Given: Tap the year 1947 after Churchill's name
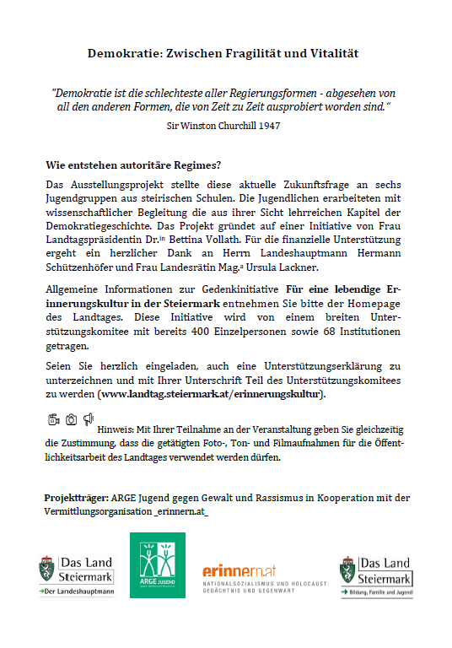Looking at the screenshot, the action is pyautogui.click(x=264, y=125).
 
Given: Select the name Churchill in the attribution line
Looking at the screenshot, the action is pyautogui.click(x=218, y=125).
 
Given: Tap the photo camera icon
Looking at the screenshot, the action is pyautogui.click(x=71, y=419).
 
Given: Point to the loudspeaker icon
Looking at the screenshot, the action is pyautogui.click(x=89, y=419).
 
